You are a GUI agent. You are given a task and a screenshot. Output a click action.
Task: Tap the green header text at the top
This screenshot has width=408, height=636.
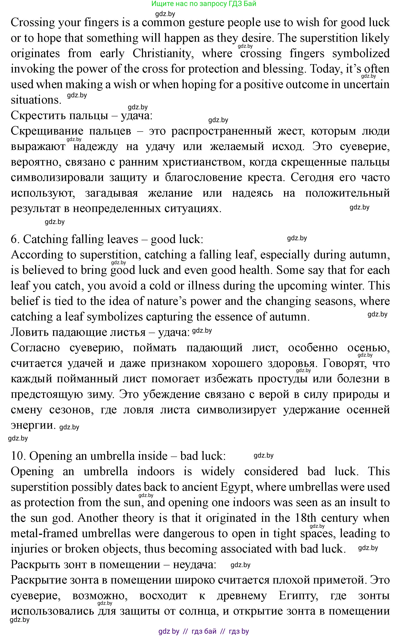pyautogui.click(x=204, y=4)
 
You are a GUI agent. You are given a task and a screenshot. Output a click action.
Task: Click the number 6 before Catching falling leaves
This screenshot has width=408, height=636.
pyautogui.click(x=14, y=239)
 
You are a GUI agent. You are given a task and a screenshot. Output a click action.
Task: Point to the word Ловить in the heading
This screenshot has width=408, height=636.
pyautogui.click(x=29, y=332)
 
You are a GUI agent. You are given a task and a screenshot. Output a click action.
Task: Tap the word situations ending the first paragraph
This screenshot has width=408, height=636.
pyautogui.click(x=36, y=100)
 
